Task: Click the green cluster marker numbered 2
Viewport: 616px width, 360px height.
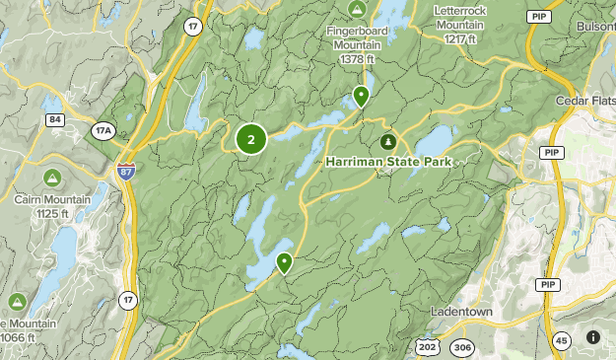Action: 250,140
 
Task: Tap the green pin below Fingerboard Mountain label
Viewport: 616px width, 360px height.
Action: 361,97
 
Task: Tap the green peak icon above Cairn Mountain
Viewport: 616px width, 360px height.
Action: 50,180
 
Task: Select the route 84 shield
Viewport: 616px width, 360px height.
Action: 55,120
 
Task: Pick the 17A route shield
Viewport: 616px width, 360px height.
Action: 103,129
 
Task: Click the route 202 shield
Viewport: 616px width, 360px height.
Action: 427,346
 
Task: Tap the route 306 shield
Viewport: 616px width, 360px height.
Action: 461,347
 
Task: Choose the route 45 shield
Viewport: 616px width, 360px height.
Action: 560,341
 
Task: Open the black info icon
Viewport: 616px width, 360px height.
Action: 592,337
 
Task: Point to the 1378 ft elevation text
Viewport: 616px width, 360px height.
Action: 358,59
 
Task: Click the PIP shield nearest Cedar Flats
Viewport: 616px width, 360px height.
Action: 552,151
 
